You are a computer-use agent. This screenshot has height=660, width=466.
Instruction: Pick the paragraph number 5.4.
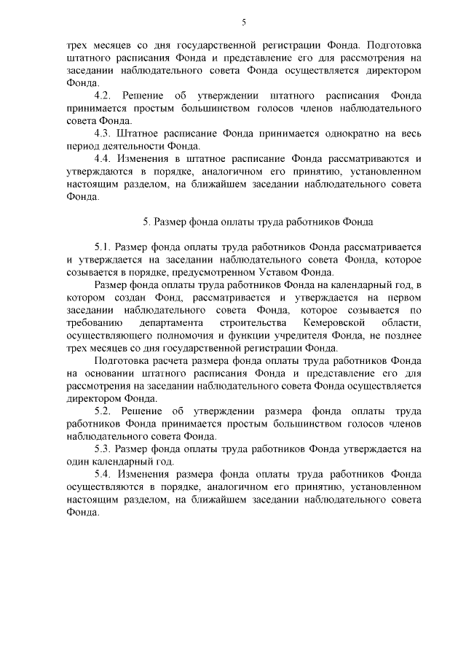(x=103, y=474)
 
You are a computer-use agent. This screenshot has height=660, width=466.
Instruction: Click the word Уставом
(x=287, y=273)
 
